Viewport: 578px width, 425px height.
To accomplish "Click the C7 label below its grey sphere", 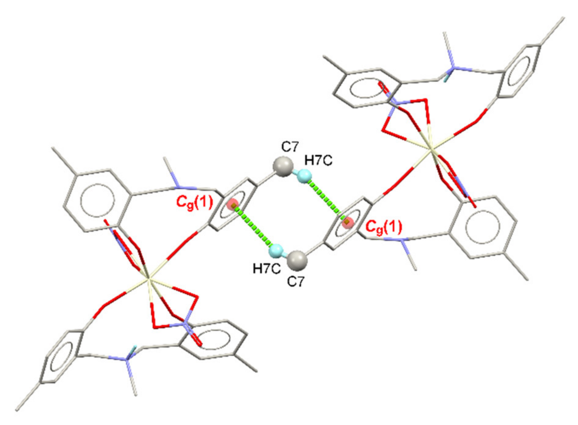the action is point(296,282).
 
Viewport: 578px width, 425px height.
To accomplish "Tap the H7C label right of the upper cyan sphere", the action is point(318,160).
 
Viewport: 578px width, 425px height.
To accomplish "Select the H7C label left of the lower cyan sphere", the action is point(266,269).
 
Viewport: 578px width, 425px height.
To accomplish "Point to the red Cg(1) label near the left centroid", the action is point(194,202).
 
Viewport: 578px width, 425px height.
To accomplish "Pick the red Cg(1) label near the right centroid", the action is point(384,227).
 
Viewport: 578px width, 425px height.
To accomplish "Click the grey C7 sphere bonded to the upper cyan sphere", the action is point(283,167).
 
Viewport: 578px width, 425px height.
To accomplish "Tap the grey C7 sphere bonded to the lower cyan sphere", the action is point(298,260).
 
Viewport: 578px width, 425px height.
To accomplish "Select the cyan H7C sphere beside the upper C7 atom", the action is point(305,176).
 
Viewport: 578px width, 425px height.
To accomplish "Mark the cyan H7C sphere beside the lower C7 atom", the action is point(276,251).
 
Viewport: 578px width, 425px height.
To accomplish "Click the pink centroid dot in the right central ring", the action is point(347,223).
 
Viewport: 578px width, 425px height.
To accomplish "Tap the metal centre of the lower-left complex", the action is point(149,278).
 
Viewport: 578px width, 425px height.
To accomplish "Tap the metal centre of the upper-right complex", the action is point(431,150).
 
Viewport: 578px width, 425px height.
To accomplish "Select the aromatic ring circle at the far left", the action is point(97,200).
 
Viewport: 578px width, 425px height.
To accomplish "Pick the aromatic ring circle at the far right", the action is point(482,227).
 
